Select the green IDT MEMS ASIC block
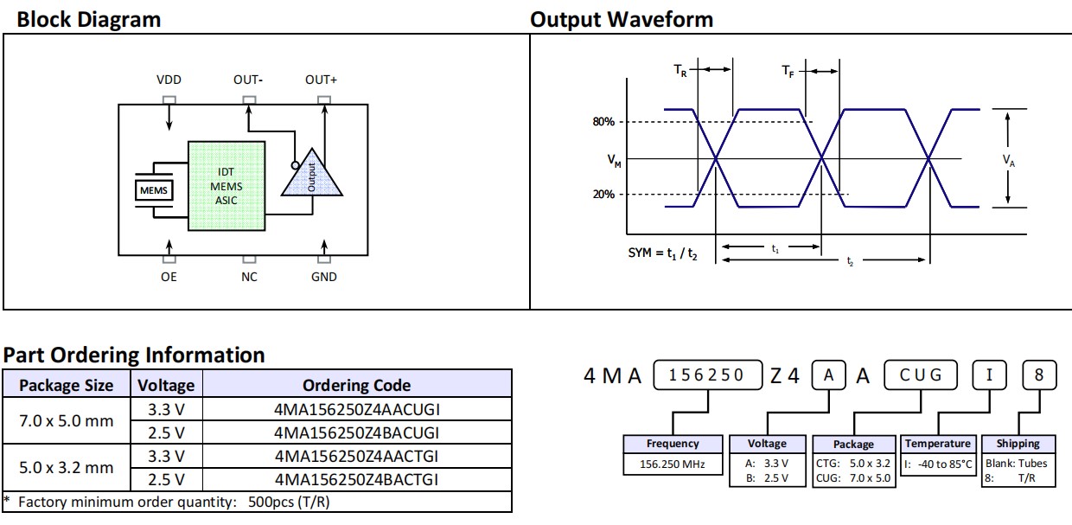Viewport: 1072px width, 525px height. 227,186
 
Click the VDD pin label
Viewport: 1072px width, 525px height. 169,80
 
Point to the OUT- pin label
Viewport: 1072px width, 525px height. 248,80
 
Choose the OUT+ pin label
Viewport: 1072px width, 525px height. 321,80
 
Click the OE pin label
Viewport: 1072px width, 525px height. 169,277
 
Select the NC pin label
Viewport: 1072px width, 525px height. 249,277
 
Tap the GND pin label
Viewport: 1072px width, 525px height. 324,277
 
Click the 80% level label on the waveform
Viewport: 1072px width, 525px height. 603,122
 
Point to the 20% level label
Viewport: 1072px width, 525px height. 603,195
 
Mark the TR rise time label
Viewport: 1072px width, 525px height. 681,72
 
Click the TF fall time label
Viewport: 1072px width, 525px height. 788,72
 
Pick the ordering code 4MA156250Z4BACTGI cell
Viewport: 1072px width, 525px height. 356,478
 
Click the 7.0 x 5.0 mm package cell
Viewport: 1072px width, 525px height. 67,420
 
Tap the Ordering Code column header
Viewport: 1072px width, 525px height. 356,386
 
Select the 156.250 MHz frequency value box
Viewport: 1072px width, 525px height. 673,464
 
